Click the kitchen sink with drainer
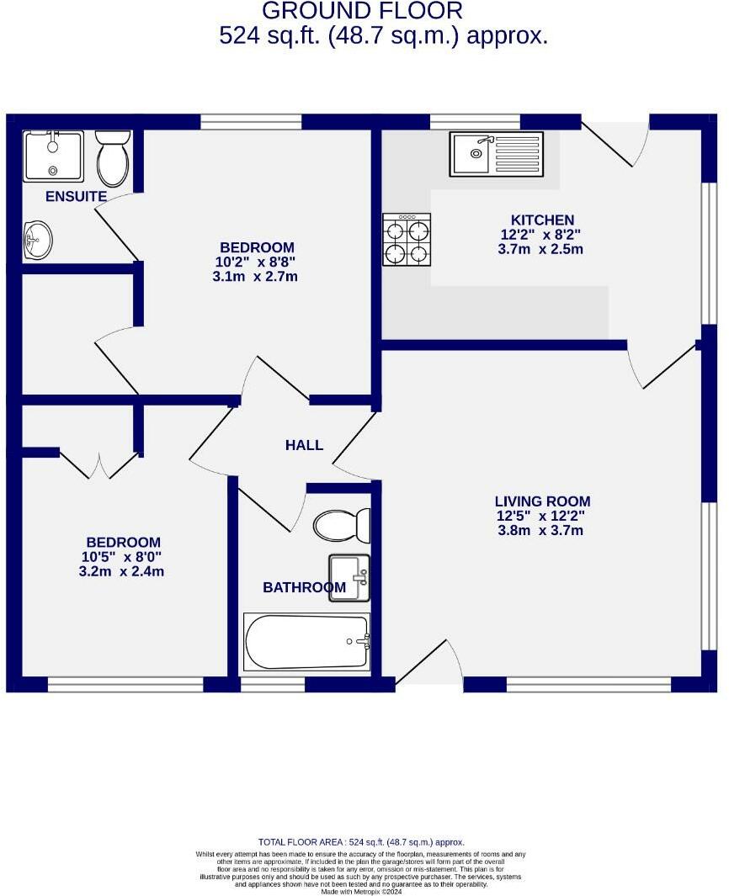[x=496, y=154]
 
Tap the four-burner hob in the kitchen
[x=407, y=240]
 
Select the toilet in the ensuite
[x=112, y=157]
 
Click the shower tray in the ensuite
[x=53, y=156]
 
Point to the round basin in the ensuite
[x=37, y=240]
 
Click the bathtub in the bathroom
[x=307, y=642]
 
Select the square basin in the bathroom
[x=349, y=578]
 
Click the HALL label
[x=304, y=445]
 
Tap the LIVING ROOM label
[x=542, y=501]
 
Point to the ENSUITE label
[x=76, y=197]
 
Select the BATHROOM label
[x=303, y=587]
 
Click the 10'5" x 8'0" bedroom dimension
[x=123, y=557]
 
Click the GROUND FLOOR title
[x=362, y=11]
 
